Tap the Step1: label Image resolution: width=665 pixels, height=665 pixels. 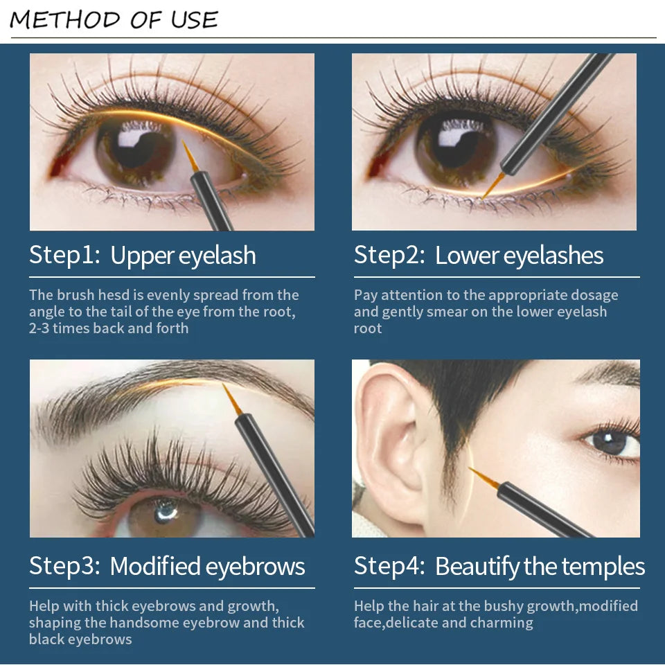click(64, 256)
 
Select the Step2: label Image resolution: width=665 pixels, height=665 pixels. click(389, 256)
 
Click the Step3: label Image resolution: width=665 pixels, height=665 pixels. click(64, 566)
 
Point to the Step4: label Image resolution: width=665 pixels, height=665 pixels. click(389, 566)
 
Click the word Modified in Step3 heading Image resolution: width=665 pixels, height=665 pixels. click(154, 566)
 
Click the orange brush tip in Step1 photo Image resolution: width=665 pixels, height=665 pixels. click(190, 156)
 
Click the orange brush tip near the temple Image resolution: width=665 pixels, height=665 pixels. click(484, 477)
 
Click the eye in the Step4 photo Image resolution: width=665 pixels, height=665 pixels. click(613, 441)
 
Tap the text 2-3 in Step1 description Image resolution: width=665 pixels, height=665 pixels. click(39, 328)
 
